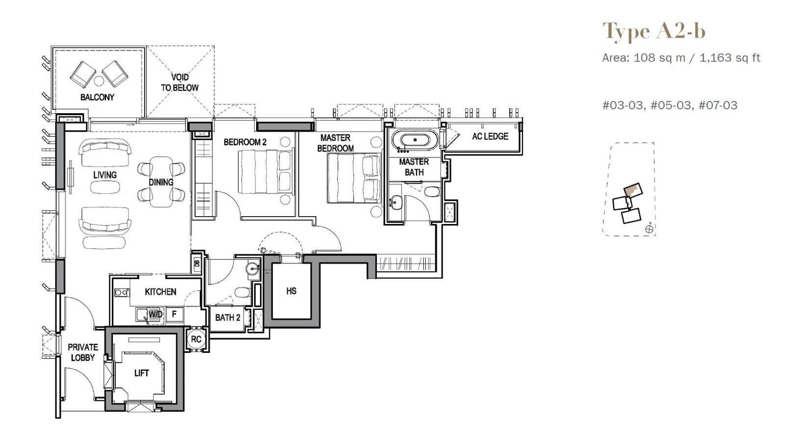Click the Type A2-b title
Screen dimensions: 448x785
pos(654,31)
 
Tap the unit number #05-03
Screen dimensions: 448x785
pos(670,105)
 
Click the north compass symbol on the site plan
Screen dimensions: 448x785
pos(649,228)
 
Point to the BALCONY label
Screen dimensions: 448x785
pos(97,97)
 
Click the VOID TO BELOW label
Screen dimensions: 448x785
pos(180,82)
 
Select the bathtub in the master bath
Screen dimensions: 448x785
pos(415,140)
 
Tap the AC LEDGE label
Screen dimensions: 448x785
pos(490,136)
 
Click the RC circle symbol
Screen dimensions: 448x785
pos(196,339)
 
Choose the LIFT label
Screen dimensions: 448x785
pos(141,373)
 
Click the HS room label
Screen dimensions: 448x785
pos(291,291)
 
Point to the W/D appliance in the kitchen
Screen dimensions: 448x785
pos(155,314)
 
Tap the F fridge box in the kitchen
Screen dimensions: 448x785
pos(174,314)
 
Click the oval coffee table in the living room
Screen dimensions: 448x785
pos(105,187)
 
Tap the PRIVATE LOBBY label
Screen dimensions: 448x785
pos(82,352)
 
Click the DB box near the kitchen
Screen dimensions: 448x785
pos(197,264)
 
